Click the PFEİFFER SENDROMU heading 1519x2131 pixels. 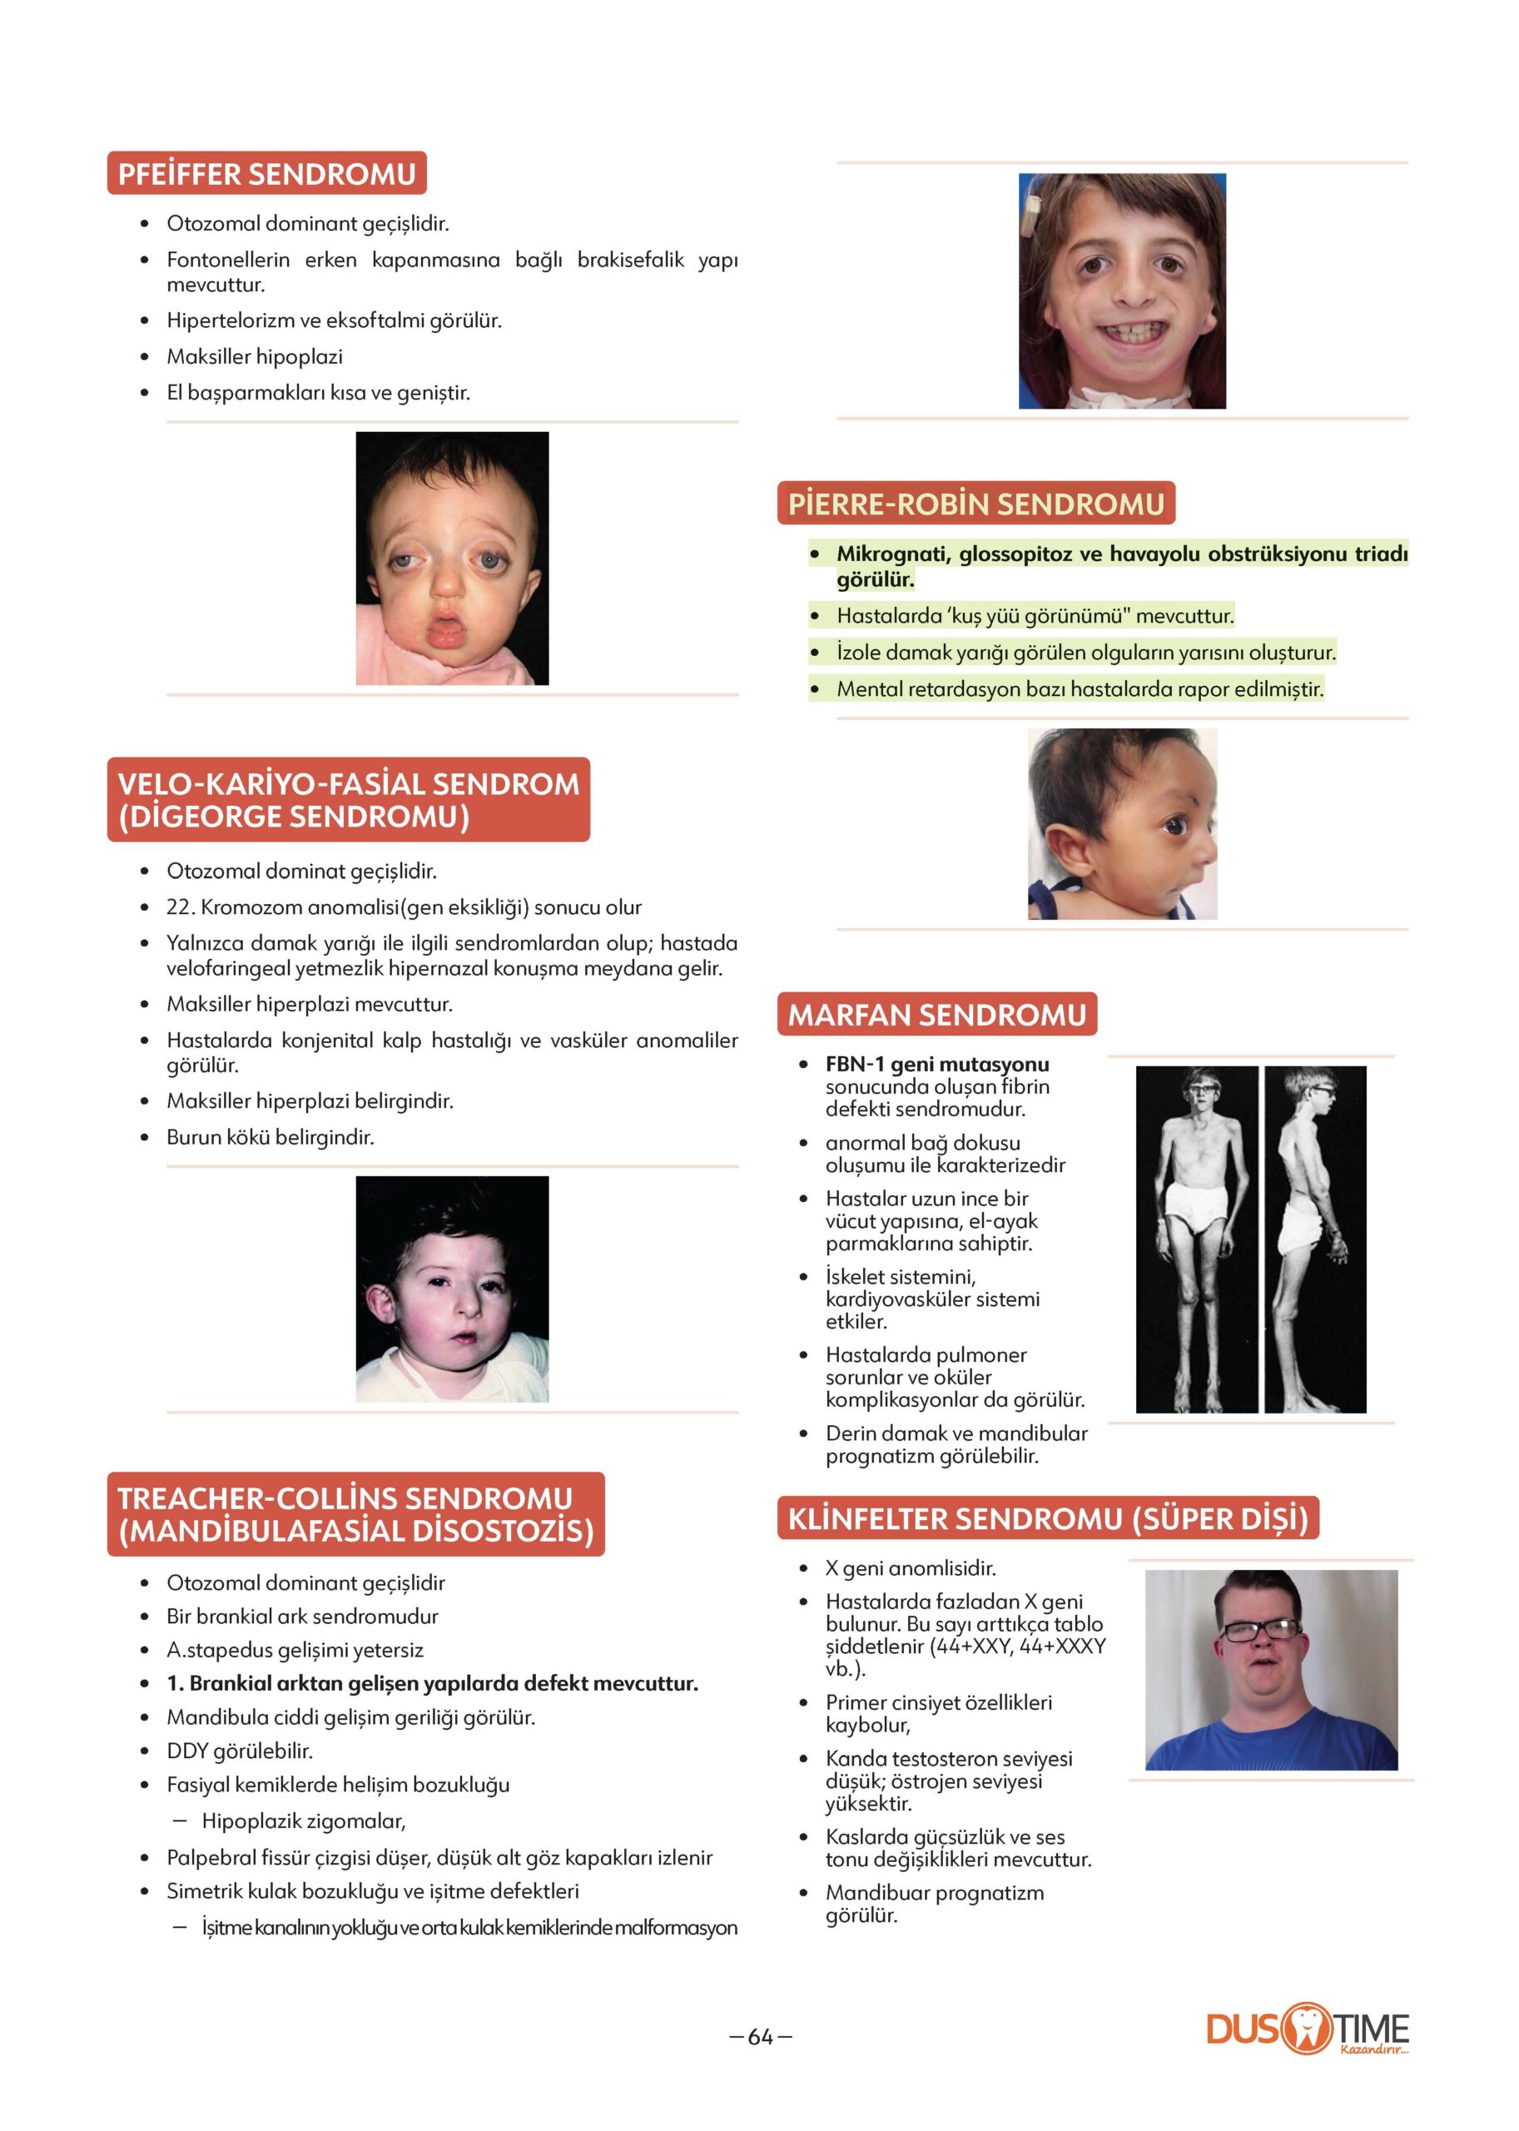[266, 174]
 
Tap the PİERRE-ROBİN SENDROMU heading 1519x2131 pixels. [975, 504]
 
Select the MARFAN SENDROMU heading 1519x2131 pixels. [936, 1015]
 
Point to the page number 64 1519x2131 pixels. [761, 2036]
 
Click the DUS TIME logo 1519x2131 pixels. [1307, 2029]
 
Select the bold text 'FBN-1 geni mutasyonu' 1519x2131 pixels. [936, 1065]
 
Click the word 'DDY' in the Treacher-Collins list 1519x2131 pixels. [187, 1751]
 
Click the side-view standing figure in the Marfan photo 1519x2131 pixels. [1314, 1239]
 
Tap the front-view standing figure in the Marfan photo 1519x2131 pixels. [1196, 1239]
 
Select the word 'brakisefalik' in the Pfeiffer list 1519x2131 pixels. [630, 260]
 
